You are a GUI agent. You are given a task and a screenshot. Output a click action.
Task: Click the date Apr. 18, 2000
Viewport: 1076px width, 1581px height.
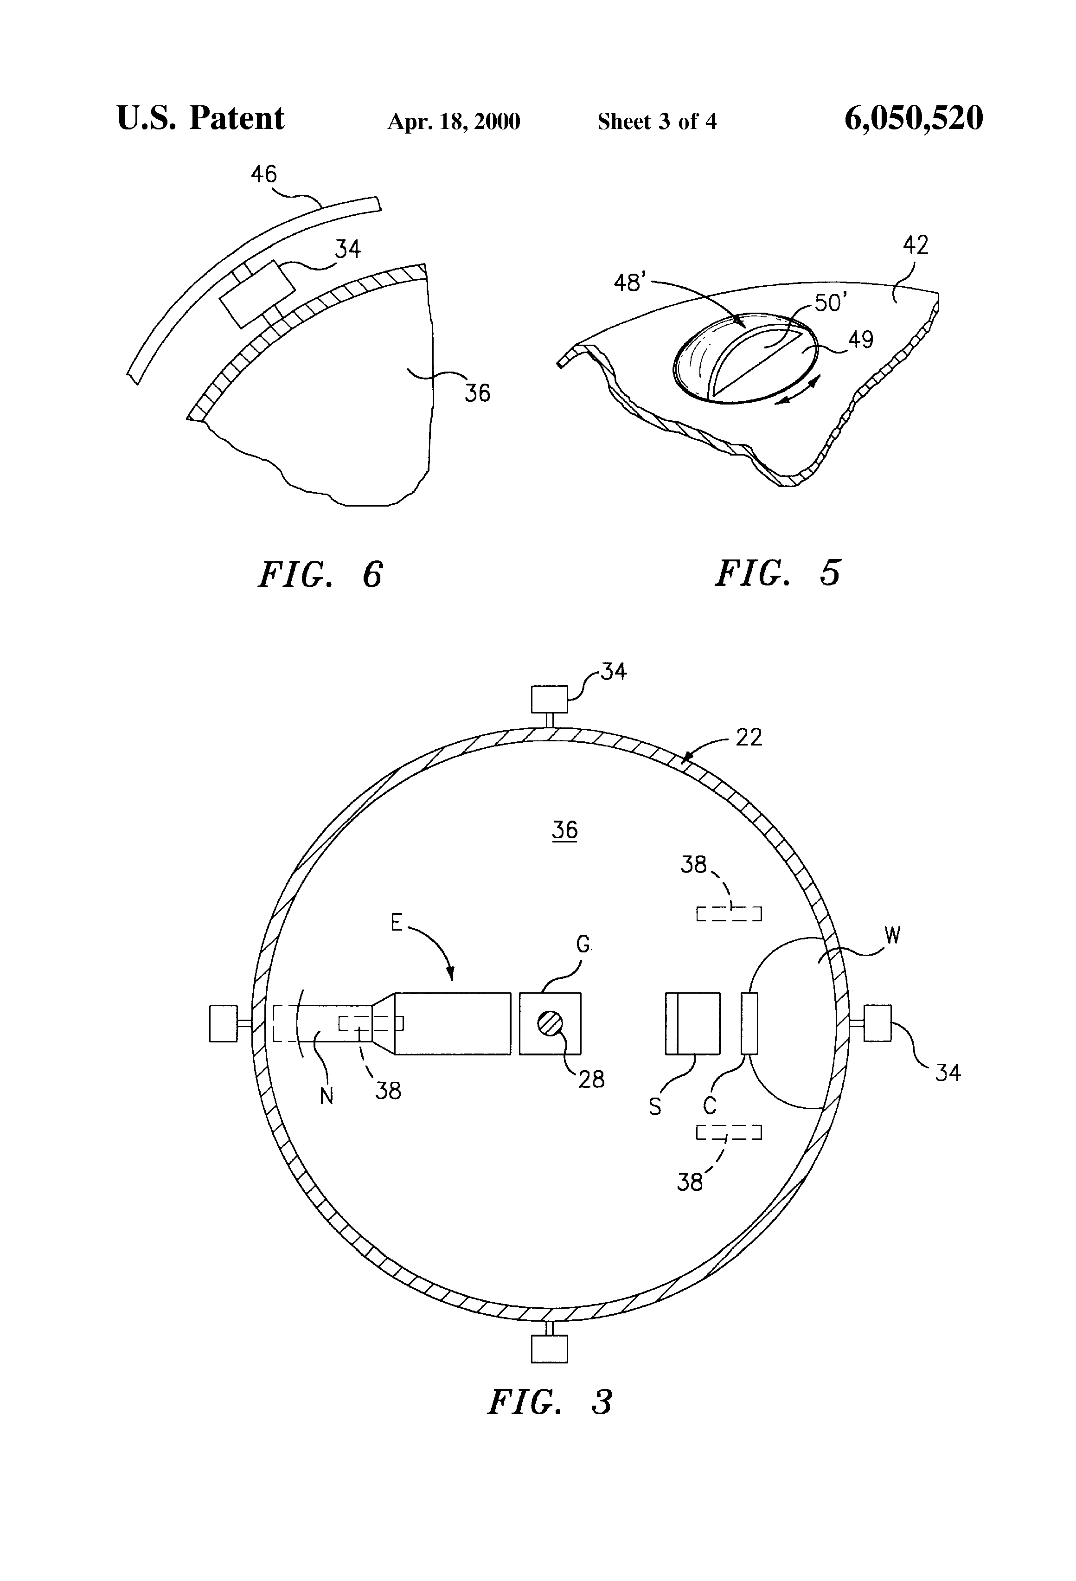[454, 122]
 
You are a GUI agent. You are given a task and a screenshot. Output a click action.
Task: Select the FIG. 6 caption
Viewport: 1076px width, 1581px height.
[320, 573]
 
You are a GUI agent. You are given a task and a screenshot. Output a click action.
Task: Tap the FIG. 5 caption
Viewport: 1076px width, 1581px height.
[777, 572]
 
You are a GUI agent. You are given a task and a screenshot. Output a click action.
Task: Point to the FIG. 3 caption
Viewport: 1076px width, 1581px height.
[550, 1402]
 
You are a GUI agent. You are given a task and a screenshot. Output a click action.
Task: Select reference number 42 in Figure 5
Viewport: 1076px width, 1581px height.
[916, 245]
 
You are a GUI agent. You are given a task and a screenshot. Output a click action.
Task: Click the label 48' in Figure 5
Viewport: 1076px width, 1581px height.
[629, 281]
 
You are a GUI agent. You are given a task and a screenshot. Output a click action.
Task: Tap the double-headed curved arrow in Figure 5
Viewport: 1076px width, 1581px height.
[799, 390]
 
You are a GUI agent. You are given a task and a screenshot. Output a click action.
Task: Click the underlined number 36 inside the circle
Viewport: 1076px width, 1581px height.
[564, 830]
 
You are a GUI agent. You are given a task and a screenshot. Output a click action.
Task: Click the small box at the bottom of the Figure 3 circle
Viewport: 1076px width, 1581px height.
[549, 1348]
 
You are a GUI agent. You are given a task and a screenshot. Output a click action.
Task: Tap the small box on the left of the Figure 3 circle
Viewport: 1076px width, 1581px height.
[223, 1023]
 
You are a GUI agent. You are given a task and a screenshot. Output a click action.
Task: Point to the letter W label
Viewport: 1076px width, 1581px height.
[892, 937]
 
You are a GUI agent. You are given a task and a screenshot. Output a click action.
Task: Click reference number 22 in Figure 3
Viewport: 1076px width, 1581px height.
[749, 738]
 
